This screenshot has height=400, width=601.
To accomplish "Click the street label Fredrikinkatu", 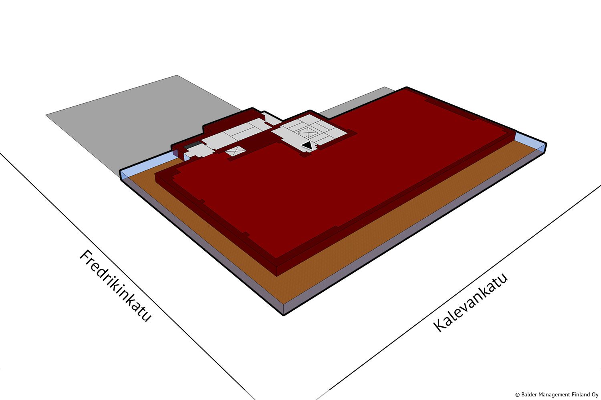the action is coord(116,286).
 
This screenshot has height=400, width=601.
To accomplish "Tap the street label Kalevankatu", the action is coord(470,302).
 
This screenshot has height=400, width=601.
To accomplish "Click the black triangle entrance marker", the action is coord(307,146).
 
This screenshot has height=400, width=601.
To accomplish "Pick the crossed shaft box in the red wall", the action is coord(235,151).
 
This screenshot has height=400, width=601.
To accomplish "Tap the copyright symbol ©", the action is coord(517,395).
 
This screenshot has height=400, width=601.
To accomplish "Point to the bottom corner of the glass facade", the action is coord(284,314).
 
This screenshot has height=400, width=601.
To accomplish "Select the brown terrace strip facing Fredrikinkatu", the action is coord(204,236).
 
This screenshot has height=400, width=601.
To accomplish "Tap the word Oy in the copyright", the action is coord(595,395).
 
